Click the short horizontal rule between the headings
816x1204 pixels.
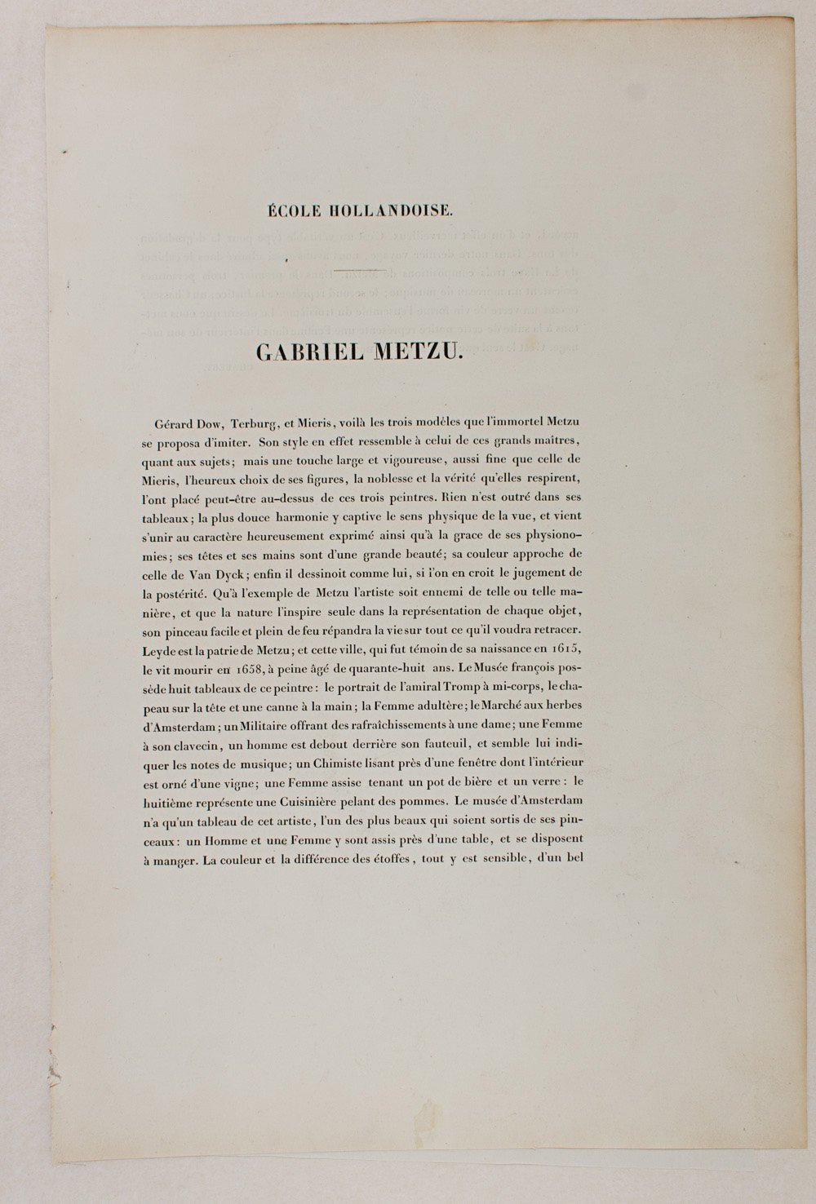[359, 269]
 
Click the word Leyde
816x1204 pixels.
[158, 648]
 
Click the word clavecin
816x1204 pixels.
[194, 744]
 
